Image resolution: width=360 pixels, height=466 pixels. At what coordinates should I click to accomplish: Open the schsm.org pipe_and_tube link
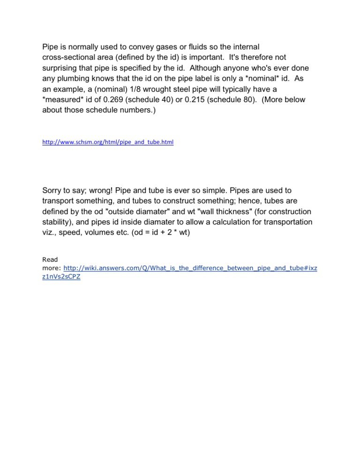pos(108,141)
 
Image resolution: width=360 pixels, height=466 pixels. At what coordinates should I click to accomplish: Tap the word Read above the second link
pos(50,259)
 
